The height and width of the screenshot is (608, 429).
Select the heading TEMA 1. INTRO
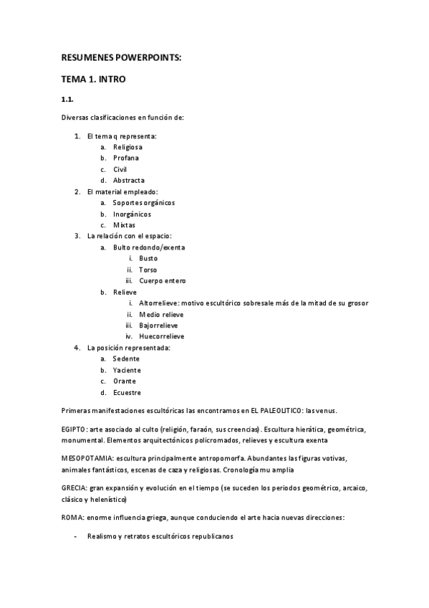pos(93,80)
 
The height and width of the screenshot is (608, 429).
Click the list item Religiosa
pos(127,147)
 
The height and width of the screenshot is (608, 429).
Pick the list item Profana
pos(126,158)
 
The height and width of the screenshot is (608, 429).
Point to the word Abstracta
pos(128,181)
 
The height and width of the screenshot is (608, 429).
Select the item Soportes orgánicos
pos(143,203)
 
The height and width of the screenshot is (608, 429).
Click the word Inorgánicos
pos(132,214)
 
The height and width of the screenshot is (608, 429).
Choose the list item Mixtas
pos(124,225)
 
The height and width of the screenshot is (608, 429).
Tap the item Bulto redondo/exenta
pos(148,247)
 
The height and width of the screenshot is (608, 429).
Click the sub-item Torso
pos(148,270)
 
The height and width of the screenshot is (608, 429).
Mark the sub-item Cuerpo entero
pos(163,281)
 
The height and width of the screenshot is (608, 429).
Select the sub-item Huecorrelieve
pos(161,336)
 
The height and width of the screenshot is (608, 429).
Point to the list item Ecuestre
pos(127,392)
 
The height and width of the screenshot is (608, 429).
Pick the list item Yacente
pos(126,370)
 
